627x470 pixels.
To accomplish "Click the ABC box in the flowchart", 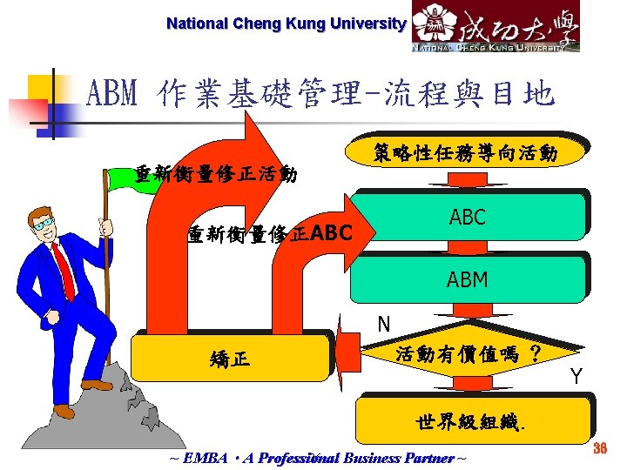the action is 467,218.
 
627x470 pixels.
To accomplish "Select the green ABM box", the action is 467,279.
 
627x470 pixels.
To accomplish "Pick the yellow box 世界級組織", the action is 474,422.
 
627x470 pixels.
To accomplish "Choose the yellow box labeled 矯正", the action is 231,357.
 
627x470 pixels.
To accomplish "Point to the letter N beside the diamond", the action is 383,325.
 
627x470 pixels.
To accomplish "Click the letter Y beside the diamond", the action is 576,377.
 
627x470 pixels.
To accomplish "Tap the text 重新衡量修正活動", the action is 216,174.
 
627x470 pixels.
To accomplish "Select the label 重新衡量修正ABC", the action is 270,233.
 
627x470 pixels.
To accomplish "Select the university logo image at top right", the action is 495,27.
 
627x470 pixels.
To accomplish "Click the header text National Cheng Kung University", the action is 286,23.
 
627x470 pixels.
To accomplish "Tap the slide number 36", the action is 598,448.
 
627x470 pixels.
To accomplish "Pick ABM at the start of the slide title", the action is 111,92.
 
